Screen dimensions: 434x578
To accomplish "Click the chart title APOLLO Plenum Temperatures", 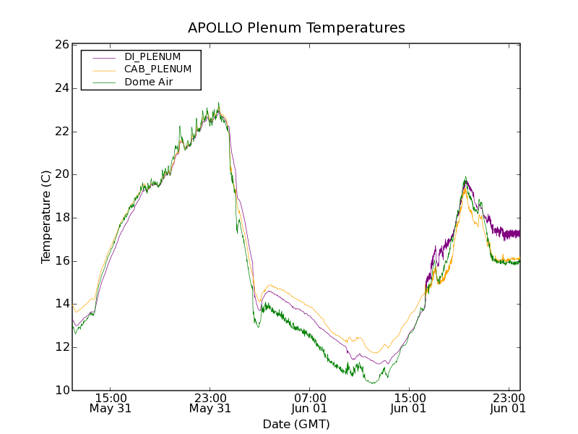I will pyautogui.click(x=296, y=28).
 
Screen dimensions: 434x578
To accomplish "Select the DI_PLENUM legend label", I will pyautogui.click(x=152, y=56).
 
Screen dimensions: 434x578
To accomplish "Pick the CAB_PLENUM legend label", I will pyautogui.click(x=158, y=69).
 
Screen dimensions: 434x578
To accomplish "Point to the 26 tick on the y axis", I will pyautogui.click(x=61, y=45).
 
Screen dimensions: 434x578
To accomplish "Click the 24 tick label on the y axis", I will pyautogui.click(x=61, y=88).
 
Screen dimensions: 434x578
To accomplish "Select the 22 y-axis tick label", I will pyautogui.click(x=61, y=132).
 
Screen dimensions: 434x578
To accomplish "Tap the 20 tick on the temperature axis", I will pyautogui.click(x=61, y=174).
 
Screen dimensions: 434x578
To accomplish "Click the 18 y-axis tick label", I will pyautogui.click(x=61, y=218).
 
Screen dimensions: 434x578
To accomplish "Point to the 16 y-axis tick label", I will pyautogui.click(x=61, y=261).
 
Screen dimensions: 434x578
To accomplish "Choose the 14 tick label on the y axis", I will pyautogui.click(x=61, y=304).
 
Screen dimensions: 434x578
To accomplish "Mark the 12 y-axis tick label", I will pyautogui.click(x=61, y=347).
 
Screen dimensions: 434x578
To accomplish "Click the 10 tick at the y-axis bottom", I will pyautogui.click(x=61, y=391).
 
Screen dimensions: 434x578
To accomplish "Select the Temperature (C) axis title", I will pyautogui.click(x=46, y=217).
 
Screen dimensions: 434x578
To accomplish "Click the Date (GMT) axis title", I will pyautogui.click(x=296, y=424).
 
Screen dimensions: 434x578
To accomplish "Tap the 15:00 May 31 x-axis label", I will pyautogui.click(x=111, y=403).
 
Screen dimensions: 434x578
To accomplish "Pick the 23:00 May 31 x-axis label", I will pyautogui.click(x=210, y=403).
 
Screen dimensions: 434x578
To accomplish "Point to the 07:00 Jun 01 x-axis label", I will pyautogui.click(x=310, y=403).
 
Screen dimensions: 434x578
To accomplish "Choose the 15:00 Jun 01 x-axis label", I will pyautogui.click(x=410, y=403).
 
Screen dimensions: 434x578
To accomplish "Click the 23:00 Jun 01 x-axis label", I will pyautogui.click(x=509, y=403).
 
